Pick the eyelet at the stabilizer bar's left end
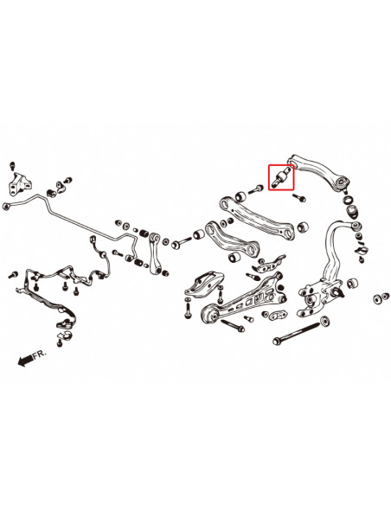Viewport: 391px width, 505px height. pos(10,206)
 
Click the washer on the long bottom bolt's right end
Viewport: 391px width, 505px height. pos(324,321)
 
